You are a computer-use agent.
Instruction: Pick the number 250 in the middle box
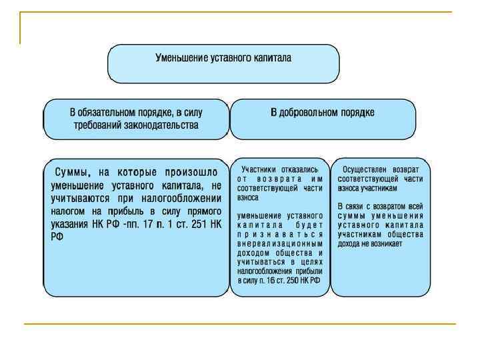[293, 281]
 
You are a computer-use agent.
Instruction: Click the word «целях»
[310, 263]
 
